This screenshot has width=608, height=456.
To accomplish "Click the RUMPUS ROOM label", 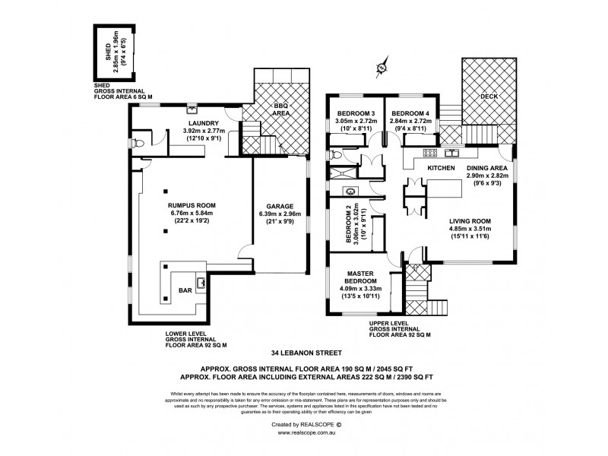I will click(196, 204).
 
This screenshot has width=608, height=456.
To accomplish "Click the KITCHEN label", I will click(440, 166).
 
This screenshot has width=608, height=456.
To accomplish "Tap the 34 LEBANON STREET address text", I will click(304, 353).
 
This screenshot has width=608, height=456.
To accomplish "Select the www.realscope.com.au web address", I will click(304, 432).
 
